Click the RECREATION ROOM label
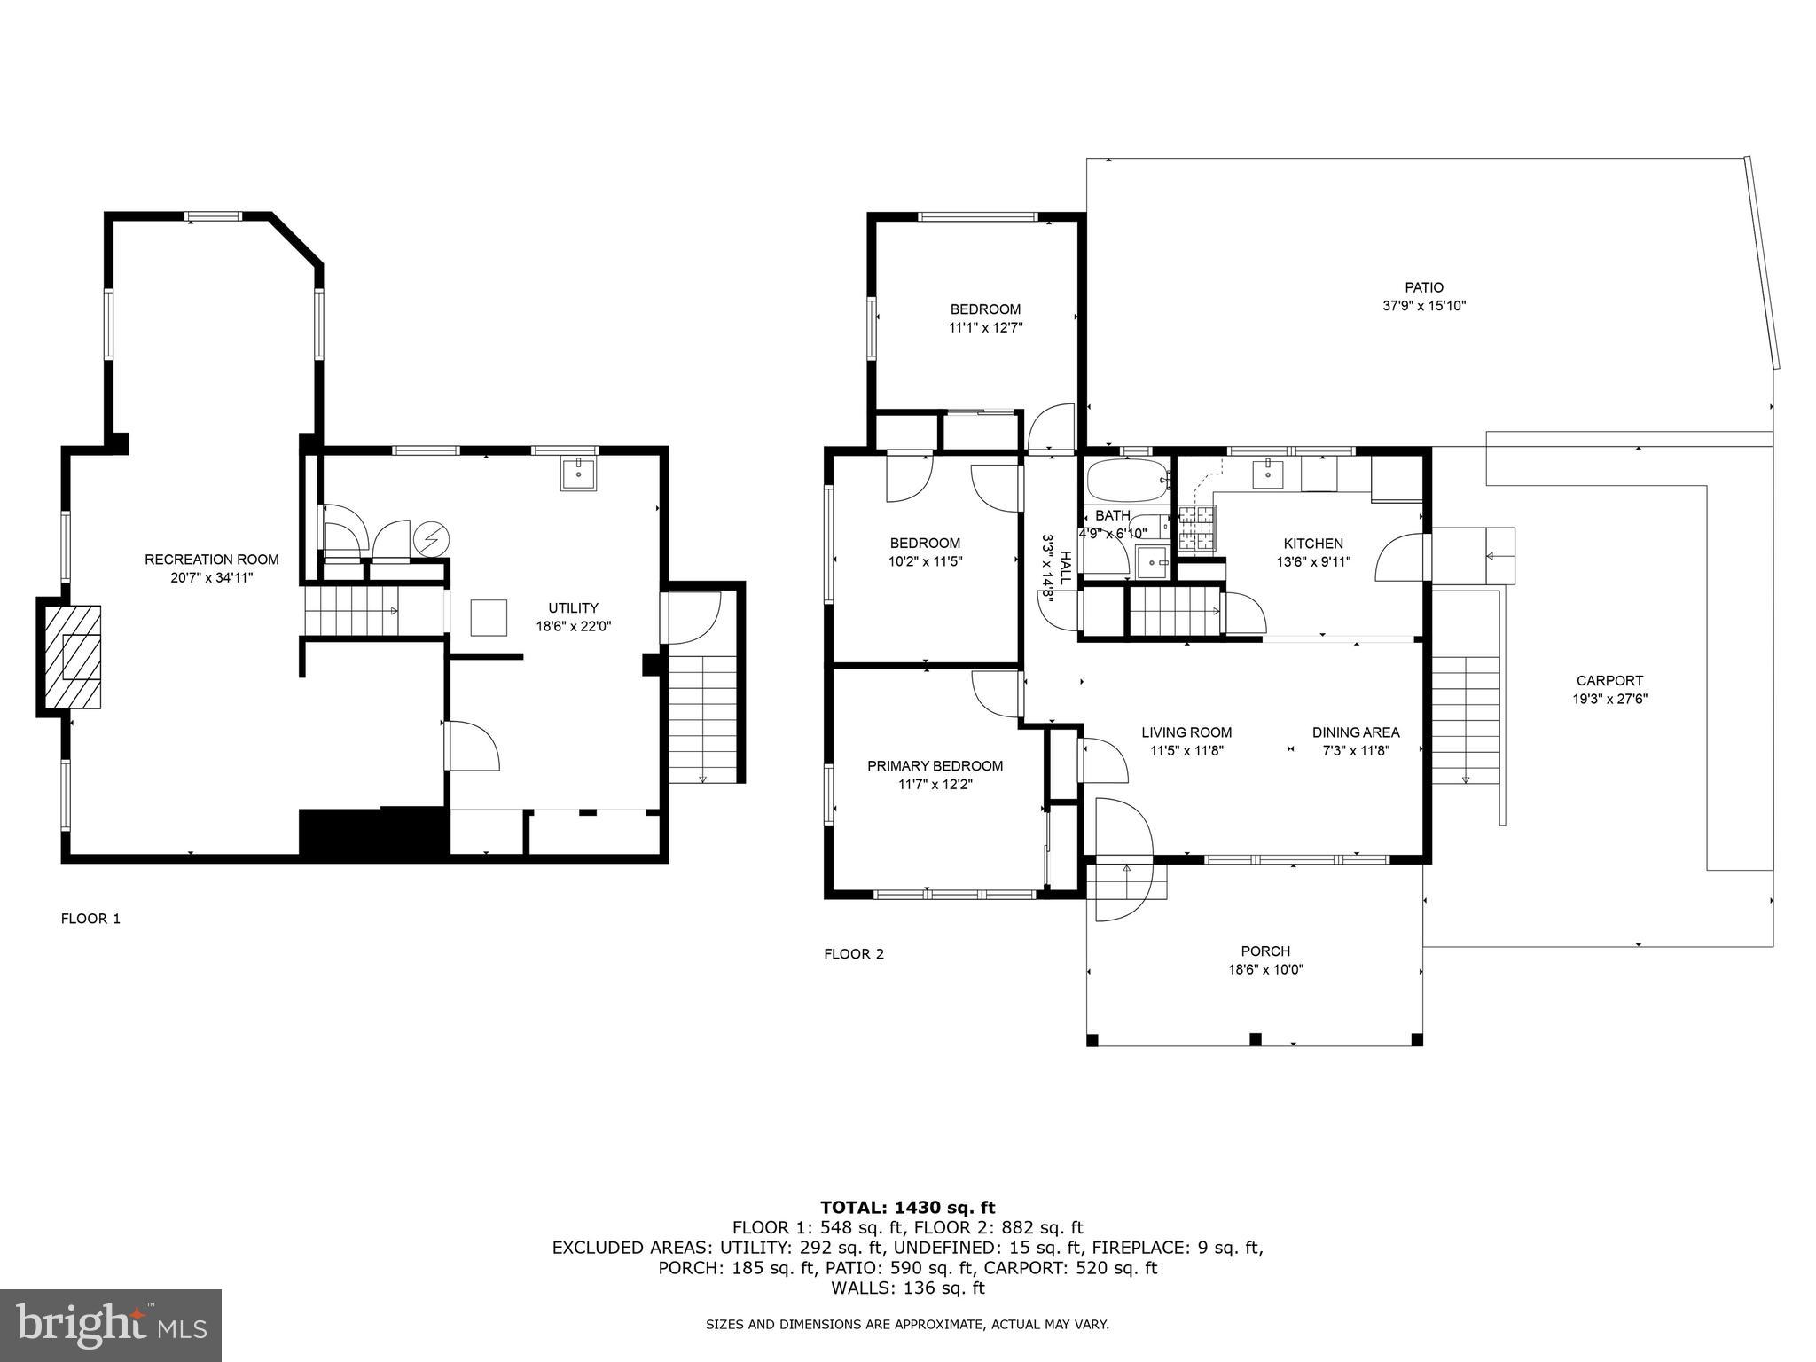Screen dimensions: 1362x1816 pyautogui.click(x=211, y=560)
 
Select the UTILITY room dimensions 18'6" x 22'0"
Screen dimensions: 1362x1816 pyautogui.click(x=573, y=626)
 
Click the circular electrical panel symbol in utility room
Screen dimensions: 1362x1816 pyautogui.click(x=432, y=538)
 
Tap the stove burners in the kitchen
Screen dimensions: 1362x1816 pyautogui.click(x=1196, y=529)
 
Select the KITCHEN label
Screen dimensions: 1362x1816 pyautogui.click(x=1313, y=544)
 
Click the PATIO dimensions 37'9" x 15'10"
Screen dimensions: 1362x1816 pyautogui.click(x=1423, y=306)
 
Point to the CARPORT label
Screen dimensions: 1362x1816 pyautogui.click(x=1609, y=681)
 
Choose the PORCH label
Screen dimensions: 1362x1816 pyautogui.click(x=1264, y=951)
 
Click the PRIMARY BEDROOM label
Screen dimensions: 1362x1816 pyautogui.click(x=935, y=766)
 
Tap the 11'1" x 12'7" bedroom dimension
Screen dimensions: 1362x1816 pyautogui.click(x=985, y=327)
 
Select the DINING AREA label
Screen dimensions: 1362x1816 pyautogui.click(x=1355, y=732)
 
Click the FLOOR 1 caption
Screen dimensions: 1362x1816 pyautogui.click(x=90, y=919)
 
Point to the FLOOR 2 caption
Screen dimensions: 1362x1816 pyautogui.click(x=854, y=954)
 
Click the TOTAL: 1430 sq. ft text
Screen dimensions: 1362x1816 pyautogui.click(x=907, y=1207)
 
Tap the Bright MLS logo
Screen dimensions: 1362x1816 pyautogui.click(x=111, y=1326)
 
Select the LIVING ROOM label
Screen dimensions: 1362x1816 pyautogui.click(x=1186, y=732)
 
